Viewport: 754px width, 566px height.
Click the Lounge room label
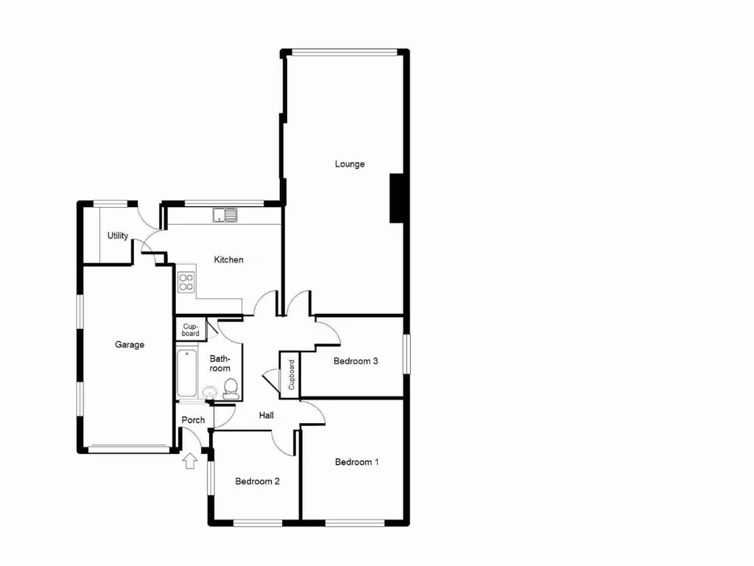coord(350,164)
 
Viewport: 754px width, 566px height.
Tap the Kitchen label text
coord(228,259)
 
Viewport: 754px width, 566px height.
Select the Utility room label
coord(118,236)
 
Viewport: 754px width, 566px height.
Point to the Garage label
coord(130,344)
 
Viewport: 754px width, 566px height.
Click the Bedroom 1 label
coord(356,462)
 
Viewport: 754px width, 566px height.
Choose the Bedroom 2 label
coord(257,481)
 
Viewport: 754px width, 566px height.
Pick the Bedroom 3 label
coord(356,361)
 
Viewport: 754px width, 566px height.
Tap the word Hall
coord(267,416)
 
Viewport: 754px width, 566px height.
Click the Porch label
coord(193,420)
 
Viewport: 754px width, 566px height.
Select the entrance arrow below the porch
coord(190,461)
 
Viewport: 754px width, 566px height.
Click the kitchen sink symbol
coord(225,215)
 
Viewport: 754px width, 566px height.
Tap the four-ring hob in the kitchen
coord(186,282)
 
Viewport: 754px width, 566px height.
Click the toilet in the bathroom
coord(230,388)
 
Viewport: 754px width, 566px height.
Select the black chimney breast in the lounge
coord(397,198)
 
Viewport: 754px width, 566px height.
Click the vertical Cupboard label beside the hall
coord(291,374)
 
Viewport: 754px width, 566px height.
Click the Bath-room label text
coord(220,363)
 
